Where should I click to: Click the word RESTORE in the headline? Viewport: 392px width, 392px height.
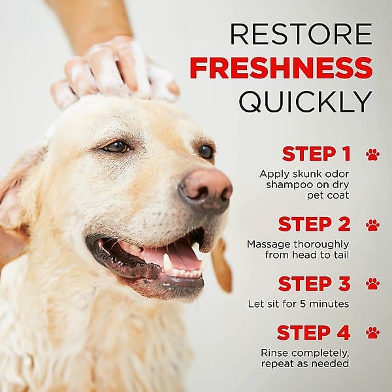(301, 34)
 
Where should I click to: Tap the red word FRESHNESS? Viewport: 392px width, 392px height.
(281, 67)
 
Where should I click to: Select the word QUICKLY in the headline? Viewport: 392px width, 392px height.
(306, 101)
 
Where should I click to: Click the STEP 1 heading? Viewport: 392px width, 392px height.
(316, 154)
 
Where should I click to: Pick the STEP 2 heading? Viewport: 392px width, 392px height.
(314, 224)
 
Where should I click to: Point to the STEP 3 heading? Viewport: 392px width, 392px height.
(314, 284)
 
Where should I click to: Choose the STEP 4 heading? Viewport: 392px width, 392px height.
(314, 333)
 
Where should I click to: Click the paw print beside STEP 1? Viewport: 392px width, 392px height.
(372, 154)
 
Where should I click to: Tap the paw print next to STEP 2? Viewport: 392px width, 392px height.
(372, 225)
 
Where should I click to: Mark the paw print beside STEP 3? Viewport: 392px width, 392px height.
(372, 284)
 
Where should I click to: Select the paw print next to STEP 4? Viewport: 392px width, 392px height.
(372, 333)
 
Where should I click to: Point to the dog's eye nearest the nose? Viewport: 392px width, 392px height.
(206, 152)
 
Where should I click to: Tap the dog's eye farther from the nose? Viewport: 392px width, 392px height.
(117, 147)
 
